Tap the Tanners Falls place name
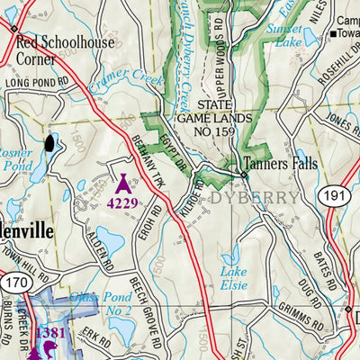click(x=280, y=165)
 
